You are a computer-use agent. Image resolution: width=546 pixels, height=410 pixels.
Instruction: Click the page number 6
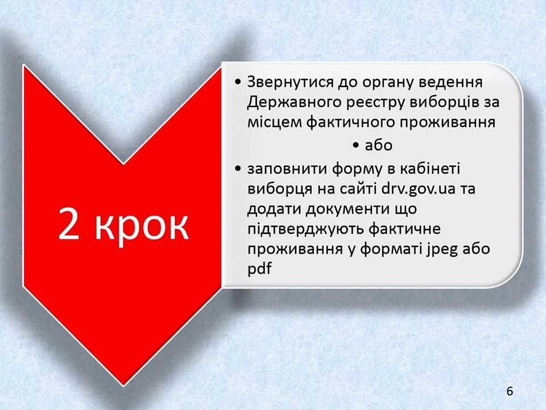coord(510,391)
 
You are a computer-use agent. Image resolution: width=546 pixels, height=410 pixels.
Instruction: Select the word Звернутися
coord(289,82)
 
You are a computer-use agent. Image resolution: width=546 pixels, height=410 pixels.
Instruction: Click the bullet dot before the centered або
coord(356,145)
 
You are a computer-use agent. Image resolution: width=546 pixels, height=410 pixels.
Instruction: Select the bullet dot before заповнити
coord(238,169)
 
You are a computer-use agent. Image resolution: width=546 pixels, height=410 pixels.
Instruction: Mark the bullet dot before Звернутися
coord(238,82)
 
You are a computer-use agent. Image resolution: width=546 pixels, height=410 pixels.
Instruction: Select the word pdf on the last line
coord(259,269)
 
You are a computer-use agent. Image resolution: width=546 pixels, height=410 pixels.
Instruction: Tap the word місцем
coord(274,123)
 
